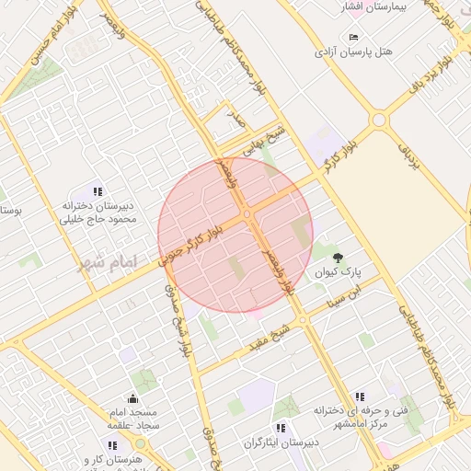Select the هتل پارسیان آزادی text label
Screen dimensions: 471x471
[x=353, y=52]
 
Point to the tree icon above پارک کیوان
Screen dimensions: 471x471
[x=339, y=258]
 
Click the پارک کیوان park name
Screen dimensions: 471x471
[x=339, y=273]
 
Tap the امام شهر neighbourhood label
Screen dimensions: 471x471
[x=107, y=263]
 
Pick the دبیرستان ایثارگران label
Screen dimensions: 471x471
[x=281, y=442]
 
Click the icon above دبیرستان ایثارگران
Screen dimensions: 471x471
[x=281, y=428]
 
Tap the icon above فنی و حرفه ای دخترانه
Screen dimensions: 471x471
[x=358, y=396]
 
